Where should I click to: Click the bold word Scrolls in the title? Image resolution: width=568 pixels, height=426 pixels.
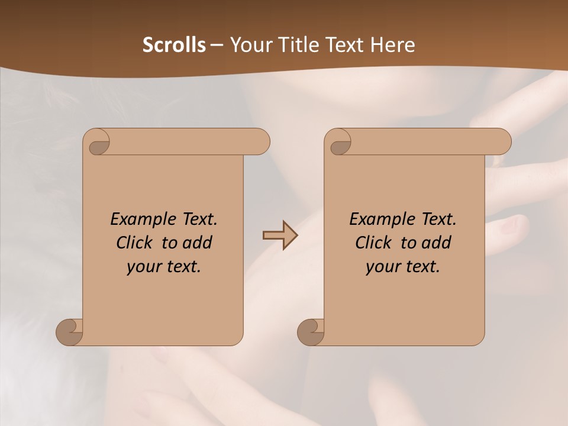tap(174, 45)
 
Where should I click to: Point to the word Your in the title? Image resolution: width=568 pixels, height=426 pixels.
tap(248, 45)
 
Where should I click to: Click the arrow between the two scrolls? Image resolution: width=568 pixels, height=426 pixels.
tap(280, 235)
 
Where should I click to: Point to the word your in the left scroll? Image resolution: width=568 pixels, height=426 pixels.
tap(142, 267)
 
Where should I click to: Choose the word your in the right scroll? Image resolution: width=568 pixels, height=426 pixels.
tap(381, 267)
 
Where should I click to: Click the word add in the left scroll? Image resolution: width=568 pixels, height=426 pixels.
tap(198, 243)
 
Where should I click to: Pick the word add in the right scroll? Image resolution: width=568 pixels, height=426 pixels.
tap(437, 243)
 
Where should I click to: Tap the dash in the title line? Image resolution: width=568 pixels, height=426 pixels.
tap(217, 45)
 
